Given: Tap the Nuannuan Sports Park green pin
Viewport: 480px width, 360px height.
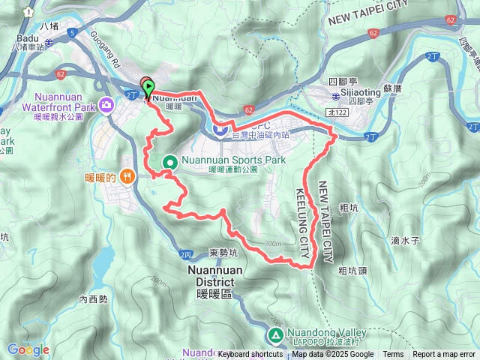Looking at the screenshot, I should click(170, 161).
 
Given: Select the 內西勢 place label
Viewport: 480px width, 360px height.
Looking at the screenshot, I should click(94, 298).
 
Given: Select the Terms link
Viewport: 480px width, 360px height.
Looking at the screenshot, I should click(393, 355).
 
